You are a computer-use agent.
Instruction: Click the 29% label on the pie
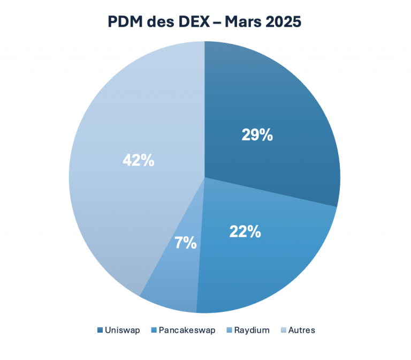[257, 135]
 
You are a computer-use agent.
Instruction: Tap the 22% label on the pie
[245, 231]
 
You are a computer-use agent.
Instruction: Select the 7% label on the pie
[185, 243]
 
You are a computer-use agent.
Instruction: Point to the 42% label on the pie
[138, 160]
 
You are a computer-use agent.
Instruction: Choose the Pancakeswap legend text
[187, 330]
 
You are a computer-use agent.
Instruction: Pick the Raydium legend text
[252, 330]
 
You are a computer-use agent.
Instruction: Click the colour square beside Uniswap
[100, 330]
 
